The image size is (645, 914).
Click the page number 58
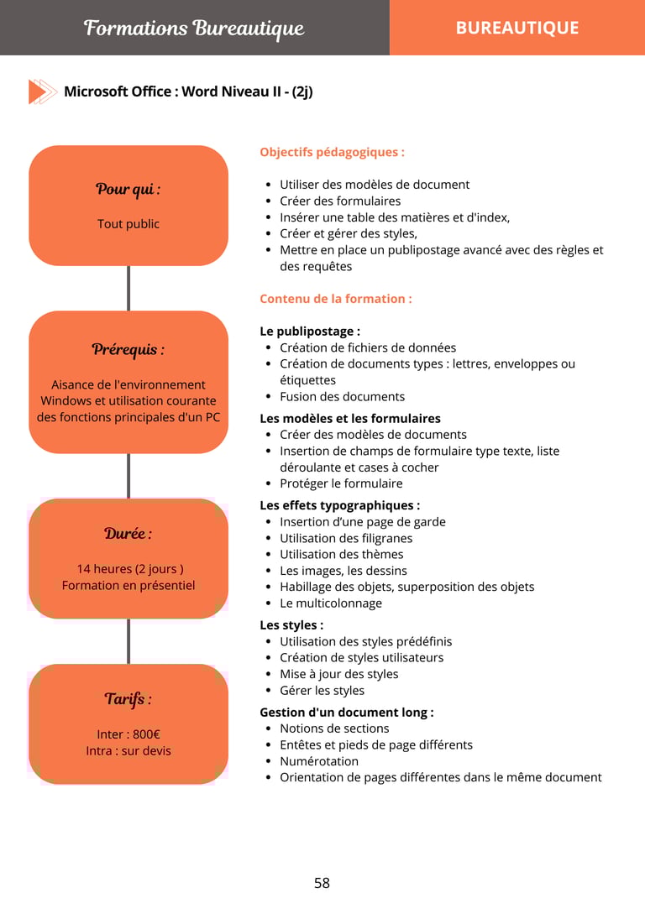322,883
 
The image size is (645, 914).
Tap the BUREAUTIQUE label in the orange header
517,28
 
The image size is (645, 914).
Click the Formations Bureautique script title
194,29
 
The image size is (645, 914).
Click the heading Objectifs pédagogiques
332,152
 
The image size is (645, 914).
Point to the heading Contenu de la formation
335,299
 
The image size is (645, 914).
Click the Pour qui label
128,189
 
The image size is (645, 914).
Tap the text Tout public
128,224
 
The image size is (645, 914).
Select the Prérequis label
128,349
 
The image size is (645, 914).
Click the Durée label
128,534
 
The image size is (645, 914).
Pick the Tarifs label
128,699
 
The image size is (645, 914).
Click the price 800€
146,734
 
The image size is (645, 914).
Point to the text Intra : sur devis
128,751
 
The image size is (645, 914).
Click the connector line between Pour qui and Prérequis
128,288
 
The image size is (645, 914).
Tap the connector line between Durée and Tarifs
128,641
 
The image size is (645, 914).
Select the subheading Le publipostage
310,332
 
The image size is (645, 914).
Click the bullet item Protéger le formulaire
341,483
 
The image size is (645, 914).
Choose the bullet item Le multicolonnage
331,603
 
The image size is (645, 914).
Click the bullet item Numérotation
319,761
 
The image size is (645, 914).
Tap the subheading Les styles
291,625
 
